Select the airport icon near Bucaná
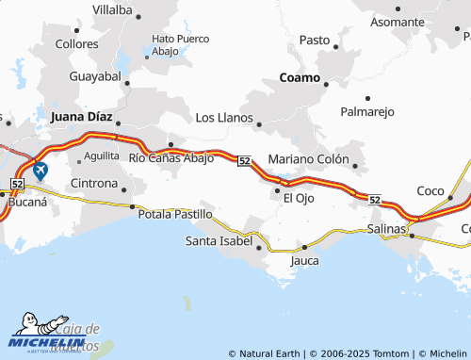40,171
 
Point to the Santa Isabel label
219,241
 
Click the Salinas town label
387,229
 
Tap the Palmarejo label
367,112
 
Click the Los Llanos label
223,118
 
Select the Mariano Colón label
309,158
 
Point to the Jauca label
304,259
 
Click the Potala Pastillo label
175,215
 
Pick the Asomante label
398,22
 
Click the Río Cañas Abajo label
171,157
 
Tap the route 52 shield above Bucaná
18,182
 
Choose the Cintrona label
94,183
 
